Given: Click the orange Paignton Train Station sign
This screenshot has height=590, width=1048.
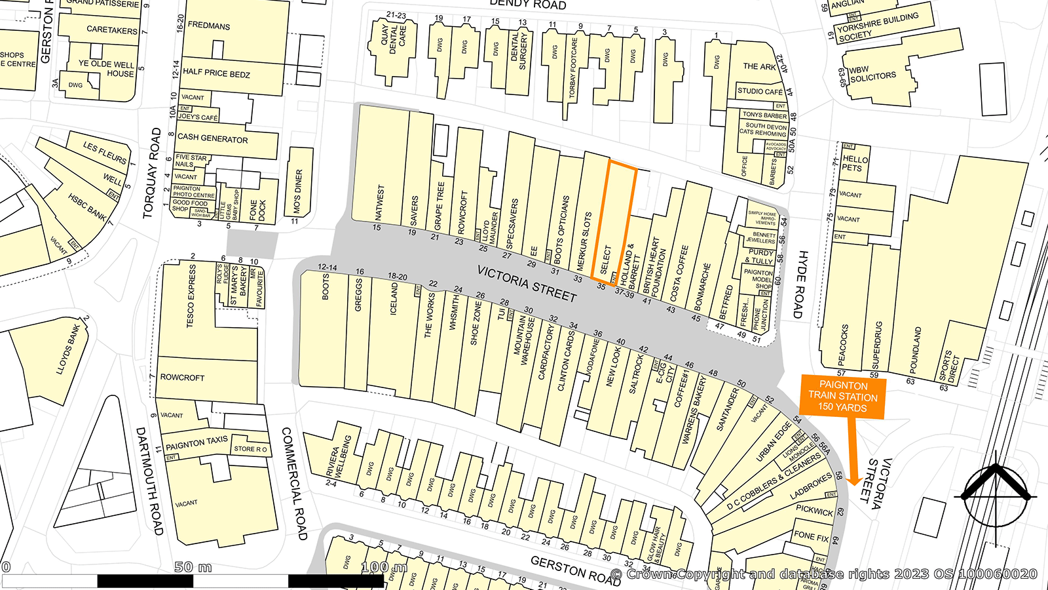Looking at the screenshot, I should tap(842, 397).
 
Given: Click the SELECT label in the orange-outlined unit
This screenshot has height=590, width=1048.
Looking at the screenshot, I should tap(605, 259).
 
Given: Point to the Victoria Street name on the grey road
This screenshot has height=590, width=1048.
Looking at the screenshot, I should tap(527, 283).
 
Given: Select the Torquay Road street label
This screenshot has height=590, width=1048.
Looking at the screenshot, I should tap(152, 173).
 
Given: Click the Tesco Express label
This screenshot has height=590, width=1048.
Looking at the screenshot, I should tap(191, 295).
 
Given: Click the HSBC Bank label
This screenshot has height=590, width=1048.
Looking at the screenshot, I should tap(86, 206).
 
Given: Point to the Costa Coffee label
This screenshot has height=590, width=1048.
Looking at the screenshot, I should tap(680, 273).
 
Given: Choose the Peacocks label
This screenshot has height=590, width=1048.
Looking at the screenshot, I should tap(844, 344).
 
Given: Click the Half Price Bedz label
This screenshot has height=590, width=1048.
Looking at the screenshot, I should tap(216, 73).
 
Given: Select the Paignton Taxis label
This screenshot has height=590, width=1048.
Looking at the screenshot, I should tap(196, 444).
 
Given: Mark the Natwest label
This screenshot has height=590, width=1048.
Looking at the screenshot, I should tap(380, 203).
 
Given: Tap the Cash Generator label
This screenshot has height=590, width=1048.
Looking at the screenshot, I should tap(213, 138).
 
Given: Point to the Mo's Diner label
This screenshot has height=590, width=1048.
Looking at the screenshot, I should tap(299, 191).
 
